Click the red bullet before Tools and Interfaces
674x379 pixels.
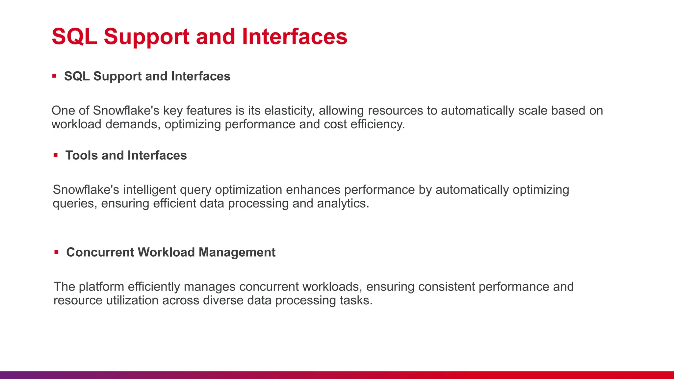pyautogui.click(x=56, y=155)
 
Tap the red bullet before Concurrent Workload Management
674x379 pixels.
pyautogui.click(x=56, y=252)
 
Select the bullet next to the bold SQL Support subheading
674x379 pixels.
pyautogui.click(x=54, y=76)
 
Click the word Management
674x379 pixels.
pyautogui.click(x=237, y=252)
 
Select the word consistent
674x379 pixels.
pyautogui.click(x=446, y=287)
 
